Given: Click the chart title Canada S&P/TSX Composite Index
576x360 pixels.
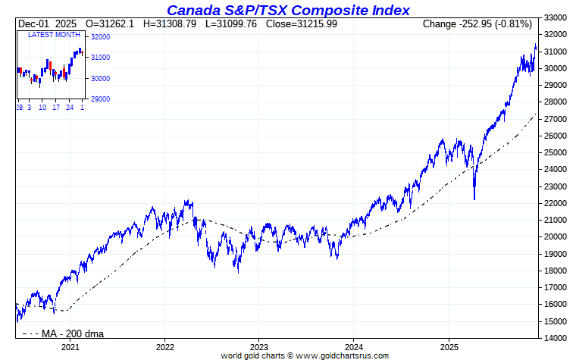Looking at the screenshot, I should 288,10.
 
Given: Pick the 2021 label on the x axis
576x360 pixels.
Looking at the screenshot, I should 70,346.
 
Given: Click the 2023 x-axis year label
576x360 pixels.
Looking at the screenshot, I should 259,346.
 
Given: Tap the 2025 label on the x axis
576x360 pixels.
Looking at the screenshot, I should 449,346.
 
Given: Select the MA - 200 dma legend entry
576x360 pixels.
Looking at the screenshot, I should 64,333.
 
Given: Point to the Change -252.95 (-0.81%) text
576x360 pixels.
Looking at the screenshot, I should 477,24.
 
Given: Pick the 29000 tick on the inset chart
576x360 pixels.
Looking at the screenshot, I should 101,99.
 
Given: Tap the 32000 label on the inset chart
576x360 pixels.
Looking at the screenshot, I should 101,36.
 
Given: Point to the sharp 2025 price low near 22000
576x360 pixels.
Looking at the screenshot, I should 474,199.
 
